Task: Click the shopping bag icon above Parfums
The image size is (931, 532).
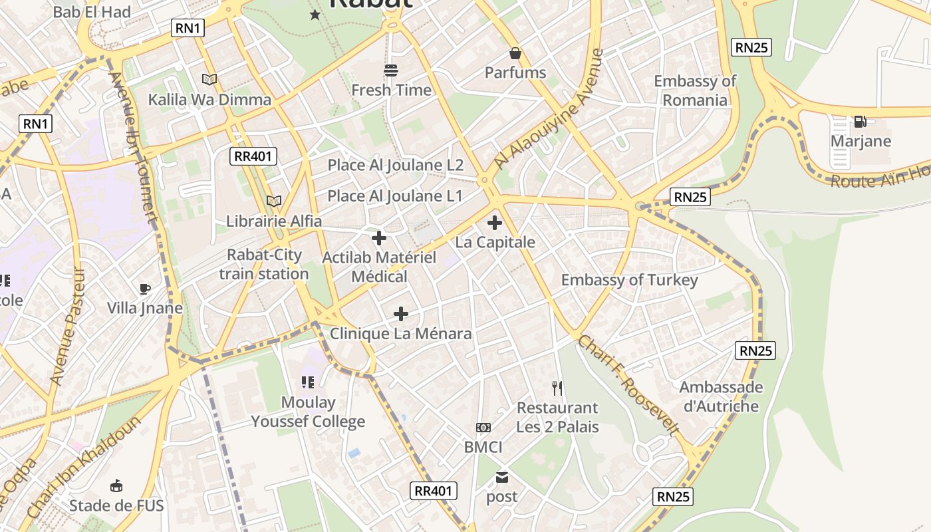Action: (x=515, y=53)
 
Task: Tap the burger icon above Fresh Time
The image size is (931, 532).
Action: (x=391, y=70)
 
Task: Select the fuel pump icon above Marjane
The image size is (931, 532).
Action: (x=860, y=122)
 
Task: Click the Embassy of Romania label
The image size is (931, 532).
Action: (x=695, y=90)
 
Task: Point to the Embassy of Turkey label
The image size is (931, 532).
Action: (x=629, y=280)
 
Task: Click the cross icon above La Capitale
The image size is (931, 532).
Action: (x=495, y=223)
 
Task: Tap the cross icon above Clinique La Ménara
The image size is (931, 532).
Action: (x=401, y=314)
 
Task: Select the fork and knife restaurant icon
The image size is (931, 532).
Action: (x=557, y=388)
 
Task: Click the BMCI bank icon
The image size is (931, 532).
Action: (x=483, y=428)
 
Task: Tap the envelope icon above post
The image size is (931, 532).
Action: (x=501, y=477)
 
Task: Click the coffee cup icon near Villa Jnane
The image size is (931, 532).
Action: (x=145, y=288)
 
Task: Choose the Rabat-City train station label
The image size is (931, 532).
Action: (x=264, y=264)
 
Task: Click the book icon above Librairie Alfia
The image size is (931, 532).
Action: (x=273, y=201)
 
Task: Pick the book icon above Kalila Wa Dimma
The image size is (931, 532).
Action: (x=209, y=80)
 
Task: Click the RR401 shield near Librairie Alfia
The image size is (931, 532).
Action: (x=253, y=156)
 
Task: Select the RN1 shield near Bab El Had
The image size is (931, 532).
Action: (x=188, y=28)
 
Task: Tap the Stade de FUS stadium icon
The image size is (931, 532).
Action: (x=116, y=486)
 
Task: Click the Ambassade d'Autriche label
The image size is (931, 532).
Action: (x=721, y=396)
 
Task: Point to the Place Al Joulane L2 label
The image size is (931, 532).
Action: (x=395, y=165)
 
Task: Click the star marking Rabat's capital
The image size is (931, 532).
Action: (x=315, y=15)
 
